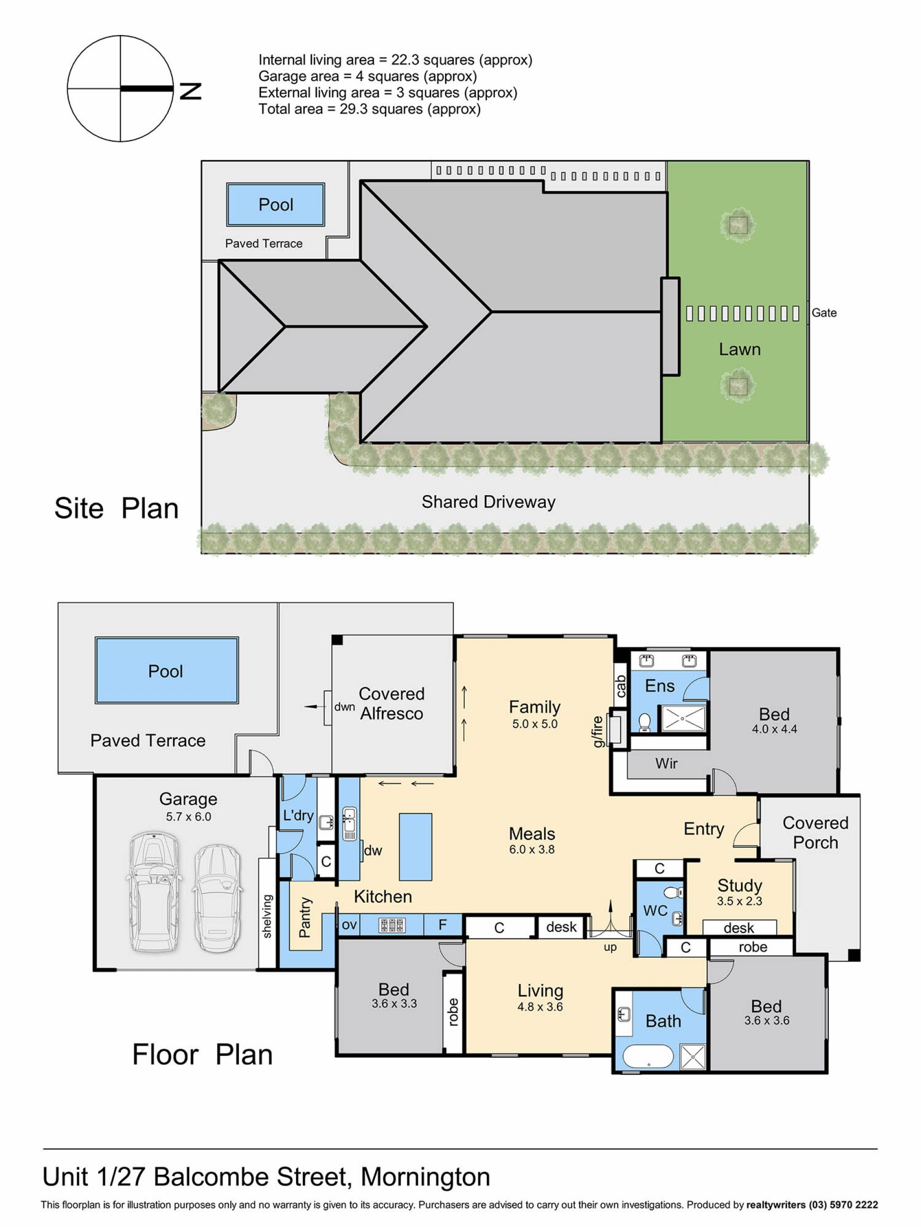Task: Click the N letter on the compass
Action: tap(190, 91)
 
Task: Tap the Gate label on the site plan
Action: tap(824, 313)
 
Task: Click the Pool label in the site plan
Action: tap(276, 205)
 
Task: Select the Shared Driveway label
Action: tap(488, 502)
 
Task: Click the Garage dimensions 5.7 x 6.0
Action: tap(188, 817)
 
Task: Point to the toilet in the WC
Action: tap(674, 892)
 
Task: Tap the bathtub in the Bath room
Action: tap(649, 1057)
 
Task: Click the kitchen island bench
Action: tap(416, 846)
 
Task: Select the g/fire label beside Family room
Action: tap(598, 731)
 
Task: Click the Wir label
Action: tap(666, 764)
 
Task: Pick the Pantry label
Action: tap(305, 917)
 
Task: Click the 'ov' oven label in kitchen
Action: tap(349, 925)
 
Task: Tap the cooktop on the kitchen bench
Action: tap(392, 925)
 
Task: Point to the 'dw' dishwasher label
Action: tap(373, 850)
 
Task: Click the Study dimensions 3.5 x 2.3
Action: tap(740, 901)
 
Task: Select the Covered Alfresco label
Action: tap(391, 703)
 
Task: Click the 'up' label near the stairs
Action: tap(610, 948)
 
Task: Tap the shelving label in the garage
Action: tap(267, 916)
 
